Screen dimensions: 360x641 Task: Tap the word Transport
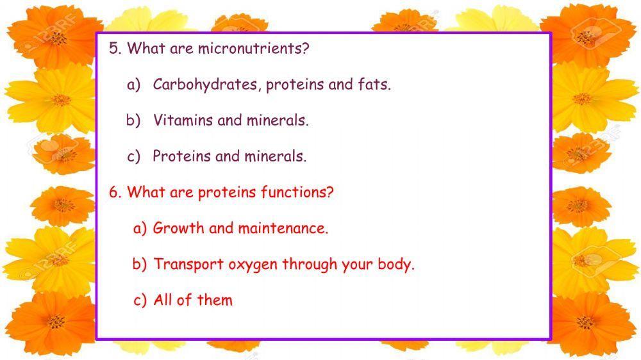point(188,264)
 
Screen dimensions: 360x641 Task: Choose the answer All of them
point(193,300)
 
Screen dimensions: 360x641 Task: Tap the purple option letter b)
point(133,120)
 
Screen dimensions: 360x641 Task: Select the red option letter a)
point(140,228)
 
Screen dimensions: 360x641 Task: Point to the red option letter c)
point(140,300)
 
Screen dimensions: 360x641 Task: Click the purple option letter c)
point(133,156)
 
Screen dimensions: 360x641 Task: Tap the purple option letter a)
point(133,85)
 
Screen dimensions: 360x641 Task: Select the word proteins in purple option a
point(296,85)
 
